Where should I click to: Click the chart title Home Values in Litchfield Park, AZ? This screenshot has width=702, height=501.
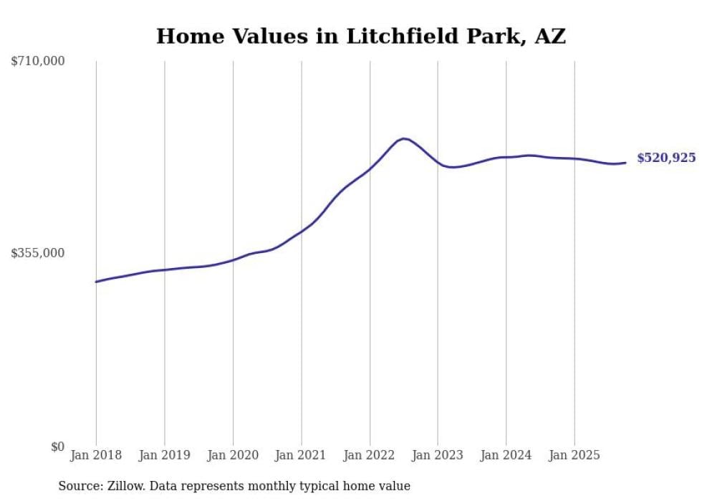[x=361, y=36]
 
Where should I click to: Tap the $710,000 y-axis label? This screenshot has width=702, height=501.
[x=38, y=62]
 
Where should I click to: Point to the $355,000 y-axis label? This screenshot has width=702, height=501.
[x=38, y=253]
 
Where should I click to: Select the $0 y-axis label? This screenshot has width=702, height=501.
[x=57, y=447]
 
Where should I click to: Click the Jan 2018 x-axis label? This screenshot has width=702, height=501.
[x=96, y=455]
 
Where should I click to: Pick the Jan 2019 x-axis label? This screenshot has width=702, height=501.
[x=165, y=455]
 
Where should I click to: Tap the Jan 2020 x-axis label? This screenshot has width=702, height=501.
[x=233, y=455]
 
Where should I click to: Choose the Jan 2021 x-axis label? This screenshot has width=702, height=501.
[x=302, y=455]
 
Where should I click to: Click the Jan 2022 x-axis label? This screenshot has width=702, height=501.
[x=370, y=455]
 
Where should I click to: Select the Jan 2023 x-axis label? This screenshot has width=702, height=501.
[x=438, y=455]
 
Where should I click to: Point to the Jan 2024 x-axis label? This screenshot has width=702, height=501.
[x=506, y=455]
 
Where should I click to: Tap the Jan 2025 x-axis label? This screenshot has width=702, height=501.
[x=574, y=455]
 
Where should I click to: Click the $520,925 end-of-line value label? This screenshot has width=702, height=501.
[x=666, y=158]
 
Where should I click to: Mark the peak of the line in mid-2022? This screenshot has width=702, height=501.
[x=403, y=138]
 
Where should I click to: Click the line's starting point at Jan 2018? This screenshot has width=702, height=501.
[x=96, y=282]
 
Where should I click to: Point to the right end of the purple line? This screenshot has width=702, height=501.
[x=626, y=163]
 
